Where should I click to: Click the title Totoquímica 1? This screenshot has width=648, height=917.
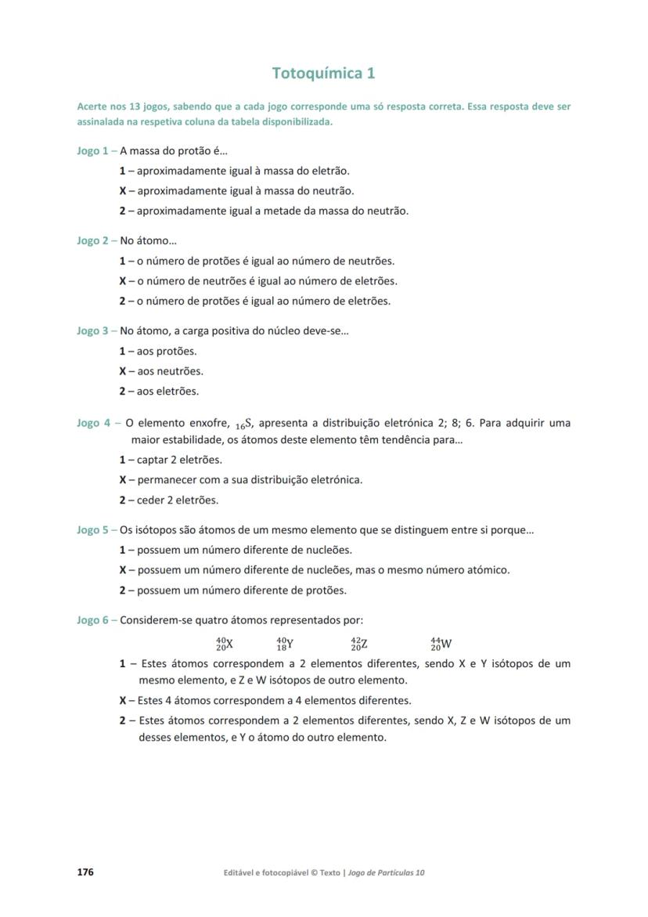[x=323, y=74]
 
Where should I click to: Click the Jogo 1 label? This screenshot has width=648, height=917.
[x=92, y=151]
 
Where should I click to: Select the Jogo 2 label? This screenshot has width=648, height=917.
[x=92, y=241]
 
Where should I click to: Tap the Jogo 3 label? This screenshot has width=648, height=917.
[x=92, y=331]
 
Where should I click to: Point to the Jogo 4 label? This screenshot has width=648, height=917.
[x=94, y=424]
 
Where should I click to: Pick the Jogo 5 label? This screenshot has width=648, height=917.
[x=92, y=530]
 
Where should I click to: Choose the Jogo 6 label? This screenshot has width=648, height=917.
[x=92, y=620]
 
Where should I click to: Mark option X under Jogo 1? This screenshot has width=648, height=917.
[x=122, y=191]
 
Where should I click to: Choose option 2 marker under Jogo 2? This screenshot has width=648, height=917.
[x=122, y=301]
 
